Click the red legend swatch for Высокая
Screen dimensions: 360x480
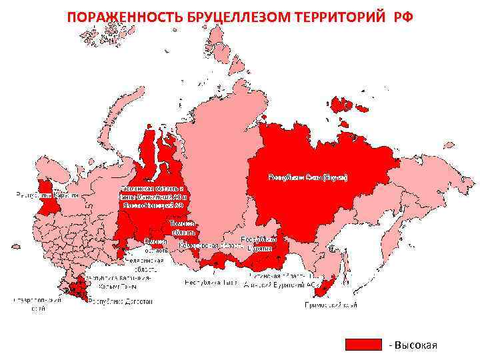[363, 345]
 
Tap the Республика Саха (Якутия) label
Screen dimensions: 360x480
[308, 177]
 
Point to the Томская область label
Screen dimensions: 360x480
[182, 227]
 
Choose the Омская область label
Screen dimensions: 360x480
[155, 245]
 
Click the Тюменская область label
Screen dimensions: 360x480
[153, 189]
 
